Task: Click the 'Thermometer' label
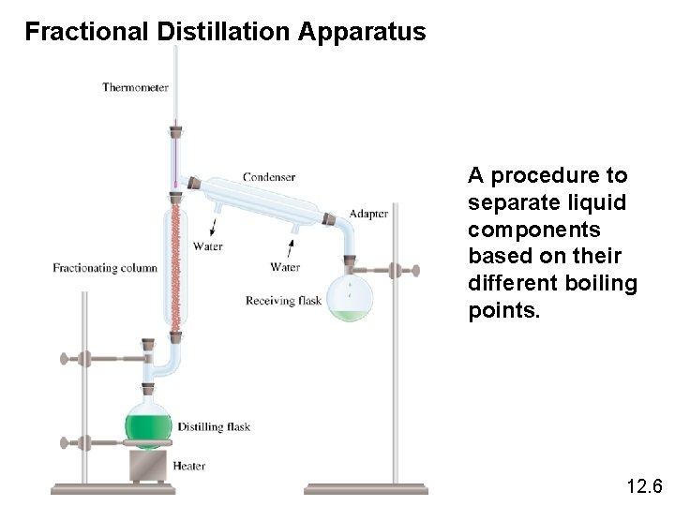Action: [135, 88]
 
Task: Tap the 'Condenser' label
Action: [269, 176]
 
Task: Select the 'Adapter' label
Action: [368, 213]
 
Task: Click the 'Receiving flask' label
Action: [283, 301]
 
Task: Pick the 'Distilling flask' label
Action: [214, 427]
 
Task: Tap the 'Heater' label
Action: [189, 466]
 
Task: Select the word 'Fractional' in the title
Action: [85, 33]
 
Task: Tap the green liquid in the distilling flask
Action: [149, 429]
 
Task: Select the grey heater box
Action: [147, 465]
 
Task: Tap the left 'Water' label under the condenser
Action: [207, 246]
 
